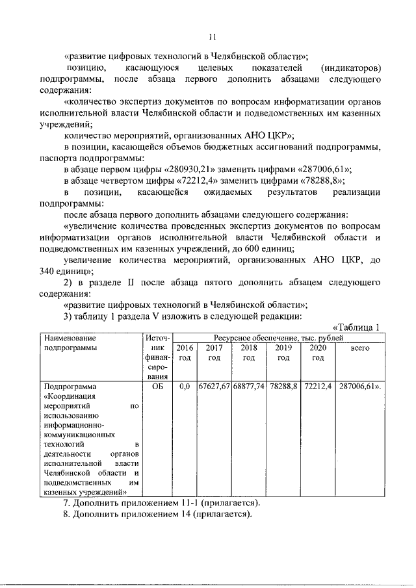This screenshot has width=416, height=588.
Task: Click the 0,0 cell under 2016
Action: click(x=185, y=386)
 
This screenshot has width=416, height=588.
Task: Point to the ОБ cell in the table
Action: click(x=156, y=386)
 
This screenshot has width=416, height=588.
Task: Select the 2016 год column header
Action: click(x=185, y=353)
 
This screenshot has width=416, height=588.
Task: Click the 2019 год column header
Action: click(x=283, y=353)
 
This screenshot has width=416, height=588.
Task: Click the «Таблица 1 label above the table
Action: click(x=356, y=327)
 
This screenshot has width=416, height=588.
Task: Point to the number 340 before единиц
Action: click(x=47, y=272)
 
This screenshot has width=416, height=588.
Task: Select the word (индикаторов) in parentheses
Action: click(x=351, y=67)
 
